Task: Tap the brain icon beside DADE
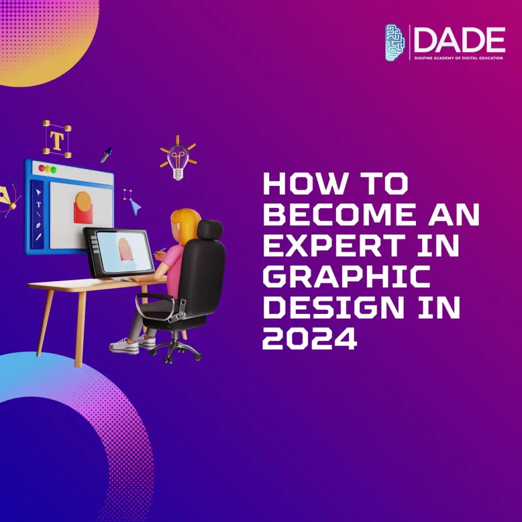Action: click(395, 43)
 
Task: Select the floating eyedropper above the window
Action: click(106, 155)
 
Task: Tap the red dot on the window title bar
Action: click(41, 168)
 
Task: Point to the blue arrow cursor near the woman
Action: click(135, 206)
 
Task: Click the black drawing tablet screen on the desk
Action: click(124, 251)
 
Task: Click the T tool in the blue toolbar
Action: click(39, 204)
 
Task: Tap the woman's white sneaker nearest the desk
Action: click(123, 346)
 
